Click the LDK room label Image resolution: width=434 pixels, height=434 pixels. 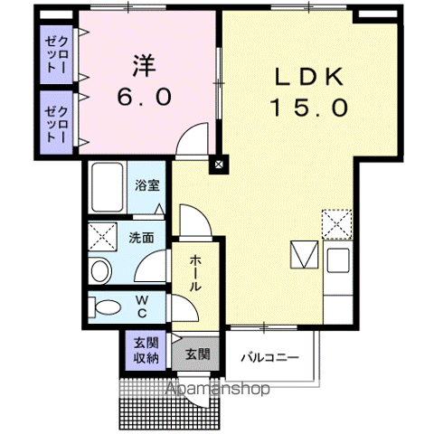click(309, 77)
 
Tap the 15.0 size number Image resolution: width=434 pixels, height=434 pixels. click(310, 108)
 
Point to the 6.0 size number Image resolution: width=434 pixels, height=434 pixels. click(145, 97)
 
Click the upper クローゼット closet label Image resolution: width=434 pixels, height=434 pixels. click(56, 55)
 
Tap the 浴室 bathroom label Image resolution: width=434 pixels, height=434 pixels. click(146, 185)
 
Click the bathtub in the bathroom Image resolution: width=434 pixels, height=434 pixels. click(108, 187)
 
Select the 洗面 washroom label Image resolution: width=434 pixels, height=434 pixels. click(141, 238)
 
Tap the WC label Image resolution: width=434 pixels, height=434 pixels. click(142, 307)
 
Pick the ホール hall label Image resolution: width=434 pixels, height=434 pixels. click(194, 273)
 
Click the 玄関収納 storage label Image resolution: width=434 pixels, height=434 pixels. click(146, 351)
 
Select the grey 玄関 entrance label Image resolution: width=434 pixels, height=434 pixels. click(197, 354)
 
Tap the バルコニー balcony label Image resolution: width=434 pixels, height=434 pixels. click(269, 358)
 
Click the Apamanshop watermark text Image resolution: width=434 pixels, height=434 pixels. click(218, 389)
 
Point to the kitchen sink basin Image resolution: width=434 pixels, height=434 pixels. click(338, 260)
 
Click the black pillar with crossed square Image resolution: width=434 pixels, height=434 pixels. click(219, 165)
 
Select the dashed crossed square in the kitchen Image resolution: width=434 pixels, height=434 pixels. click(337, 224)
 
